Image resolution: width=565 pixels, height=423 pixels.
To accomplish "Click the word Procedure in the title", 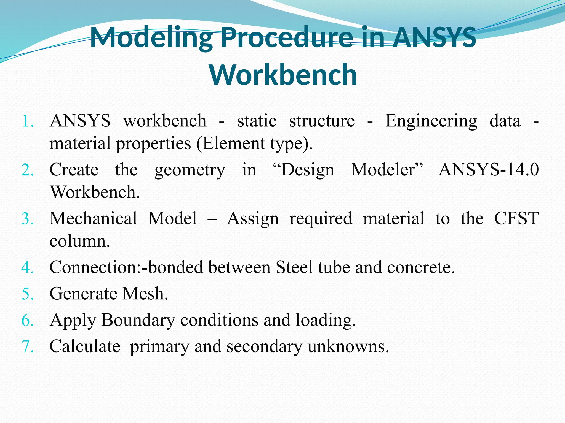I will (287, 38).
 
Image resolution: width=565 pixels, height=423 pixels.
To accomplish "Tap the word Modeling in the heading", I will (151, 38).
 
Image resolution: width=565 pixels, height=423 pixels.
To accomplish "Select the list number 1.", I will (28, 121).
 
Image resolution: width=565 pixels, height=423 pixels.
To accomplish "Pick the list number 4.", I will (28, 267).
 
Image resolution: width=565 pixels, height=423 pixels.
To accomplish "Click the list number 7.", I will (28, 346).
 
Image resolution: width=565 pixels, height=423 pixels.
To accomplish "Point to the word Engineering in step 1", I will (431, 121).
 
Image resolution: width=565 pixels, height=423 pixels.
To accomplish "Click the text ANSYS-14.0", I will (489, 170).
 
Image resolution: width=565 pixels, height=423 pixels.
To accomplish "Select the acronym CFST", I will (516, 219).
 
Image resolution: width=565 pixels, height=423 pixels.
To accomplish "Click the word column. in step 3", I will (80, 241).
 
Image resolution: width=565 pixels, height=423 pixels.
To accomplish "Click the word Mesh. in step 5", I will (145, 294).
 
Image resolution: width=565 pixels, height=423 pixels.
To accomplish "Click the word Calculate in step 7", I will (85, 346).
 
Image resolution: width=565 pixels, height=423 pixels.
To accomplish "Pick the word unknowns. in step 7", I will (348, 346).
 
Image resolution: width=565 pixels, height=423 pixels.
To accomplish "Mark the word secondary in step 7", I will (264, 346).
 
